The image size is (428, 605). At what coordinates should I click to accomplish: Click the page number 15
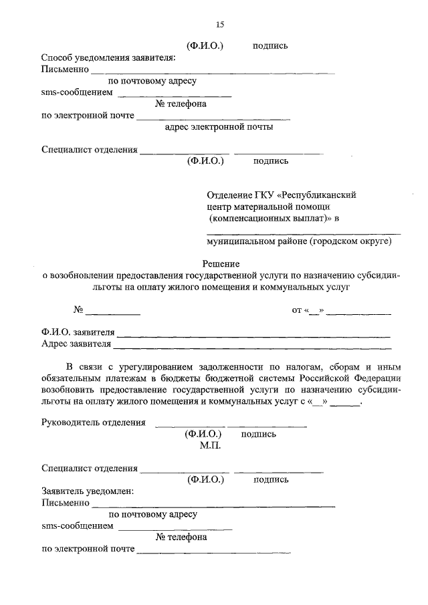pyautogui.click(x=219, y=25)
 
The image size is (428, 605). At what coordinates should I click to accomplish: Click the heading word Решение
pyautogui.click(x=221, y=264)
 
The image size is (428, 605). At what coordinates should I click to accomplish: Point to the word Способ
pyautogui.click(x=56, y=58)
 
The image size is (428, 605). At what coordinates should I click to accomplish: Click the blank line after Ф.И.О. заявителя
pyautogui.click(x=253, y=334)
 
